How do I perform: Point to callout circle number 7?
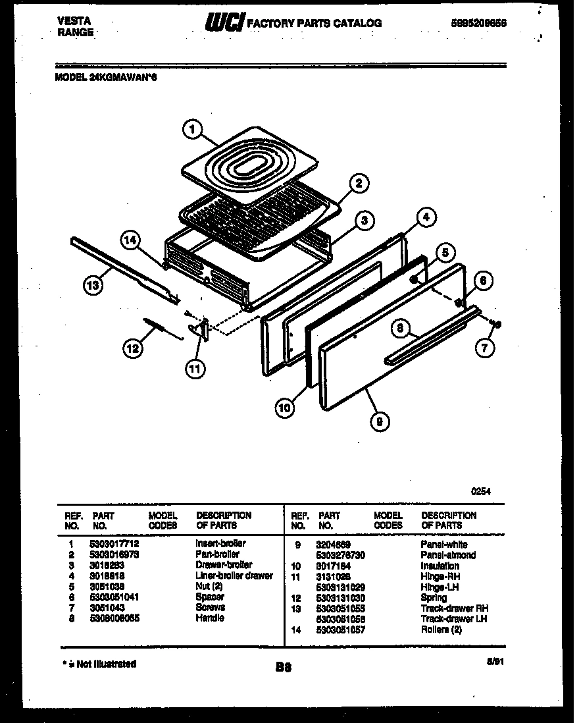[485, 348]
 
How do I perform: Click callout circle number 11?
[195, 368]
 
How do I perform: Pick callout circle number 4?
[426, 217]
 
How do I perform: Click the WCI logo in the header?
[224, 23]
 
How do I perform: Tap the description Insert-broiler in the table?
[220, 544]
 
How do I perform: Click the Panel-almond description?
[448, 555]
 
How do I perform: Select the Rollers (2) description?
[443, 629]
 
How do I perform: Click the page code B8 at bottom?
[284, 667]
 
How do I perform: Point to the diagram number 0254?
[481, 491]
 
